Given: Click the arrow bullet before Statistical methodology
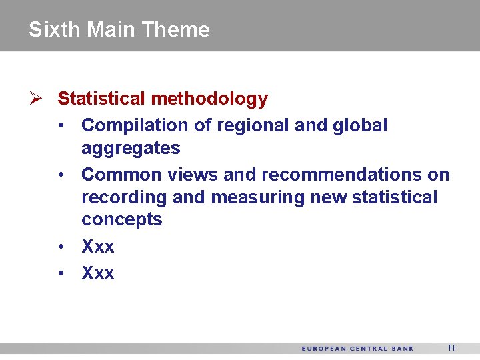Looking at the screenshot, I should click(36, 99).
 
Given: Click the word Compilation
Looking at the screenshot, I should click(125, 125).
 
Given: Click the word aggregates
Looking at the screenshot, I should click(131, 149).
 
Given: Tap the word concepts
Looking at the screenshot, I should click(121, 220).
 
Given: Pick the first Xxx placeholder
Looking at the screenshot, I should click(97, 247).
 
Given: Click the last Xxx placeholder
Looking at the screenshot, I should click(97, 273).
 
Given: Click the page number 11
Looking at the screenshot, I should click(451, 348).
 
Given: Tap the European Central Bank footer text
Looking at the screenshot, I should click(357, 349).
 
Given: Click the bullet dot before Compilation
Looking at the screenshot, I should click(61, 125).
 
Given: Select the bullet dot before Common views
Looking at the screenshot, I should click(61, 175).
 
